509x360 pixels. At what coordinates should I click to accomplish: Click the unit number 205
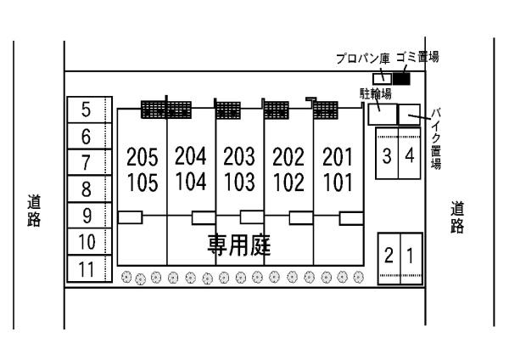click(x=143, y=157)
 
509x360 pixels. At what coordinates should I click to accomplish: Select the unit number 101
click(x=338, y=183)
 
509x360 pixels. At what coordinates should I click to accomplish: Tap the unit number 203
click(x=239, y=156)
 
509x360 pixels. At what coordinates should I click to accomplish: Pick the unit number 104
click(x=191, y=182)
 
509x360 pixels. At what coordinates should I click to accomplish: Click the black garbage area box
click(x=401, y=79)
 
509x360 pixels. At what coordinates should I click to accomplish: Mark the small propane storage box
click(x=382, y=79)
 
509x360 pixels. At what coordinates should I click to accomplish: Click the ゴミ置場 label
click(x=417, y=58)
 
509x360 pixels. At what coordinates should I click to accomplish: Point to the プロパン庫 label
click(x=362, y=59)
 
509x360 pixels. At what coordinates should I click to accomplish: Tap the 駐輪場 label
click(x=376, y=93)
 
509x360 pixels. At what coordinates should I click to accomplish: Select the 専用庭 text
click(x=239, y=245)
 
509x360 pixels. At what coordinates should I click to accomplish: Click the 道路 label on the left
click(x=34, y=211)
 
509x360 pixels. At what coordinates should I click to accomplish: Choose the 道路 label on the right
click(x=457, y=217)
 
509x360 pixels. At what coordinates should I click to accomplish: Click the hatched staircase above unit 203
click(x=228, y=110)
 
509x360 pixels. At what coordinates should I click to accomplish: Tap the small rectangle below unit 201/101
click(x=351, y=218)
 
